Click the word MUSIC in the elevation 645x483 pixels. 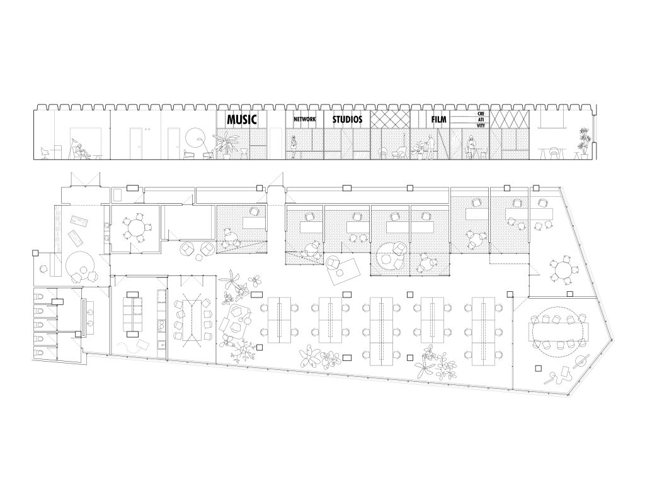click(242, 119)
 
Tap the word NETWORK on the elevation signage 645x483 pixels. click(304, 119)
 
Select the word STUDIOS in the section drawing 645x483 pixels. click(347, 119)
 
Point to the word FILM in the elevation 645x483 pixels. click(438, 119)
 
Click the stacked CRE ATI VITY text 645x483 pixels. click(481, 119)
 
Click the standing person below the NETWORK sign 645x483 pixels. click(294, 147)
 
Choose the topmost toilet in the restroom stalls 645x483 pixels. click(40, 297)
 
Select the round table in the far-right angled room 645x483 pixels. click(561, 270)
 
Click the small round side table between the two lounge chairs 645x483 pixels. click(199, 257)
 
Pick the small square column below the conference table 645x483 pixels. click(539, 369)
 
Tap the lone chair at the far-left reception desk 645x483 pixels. click(43, 269)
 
